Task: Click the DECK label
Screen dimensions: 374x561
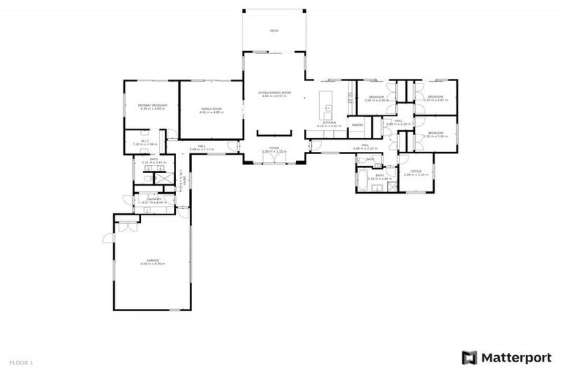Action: point(274,31)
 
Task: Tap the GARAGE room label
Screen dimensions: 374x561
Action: point(152,259)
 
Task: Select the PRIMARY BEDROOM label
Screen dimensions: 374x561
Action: point(153,105)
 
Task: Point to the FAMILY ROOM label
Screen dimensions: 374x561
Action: point(211,109)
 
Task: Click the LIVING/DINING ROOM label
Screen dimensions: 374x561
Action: point(274,93)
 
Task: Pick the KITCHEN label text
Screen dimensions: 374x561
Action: point(329,122)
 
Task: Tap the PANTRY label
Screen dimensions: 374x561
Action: point(357,125)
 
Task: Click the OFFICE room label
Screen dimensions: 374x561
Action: point(416,171)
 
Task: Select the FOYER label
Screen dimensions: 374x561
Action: point(274,148)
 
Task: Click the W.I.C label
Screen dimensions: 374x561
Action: point(145,141)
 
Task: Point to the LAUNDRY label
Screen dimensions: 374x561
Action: point(153,198)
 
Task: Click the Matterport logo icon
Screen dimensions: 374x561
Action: point(470,357)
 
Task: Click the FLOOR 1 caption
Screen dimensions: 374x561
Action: point(21,362)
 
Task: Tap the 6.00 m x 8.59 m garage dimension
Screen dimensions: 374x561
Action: point(152,264)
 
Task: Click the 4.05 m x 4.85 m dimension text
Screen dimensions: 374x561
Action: point(211,113)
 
